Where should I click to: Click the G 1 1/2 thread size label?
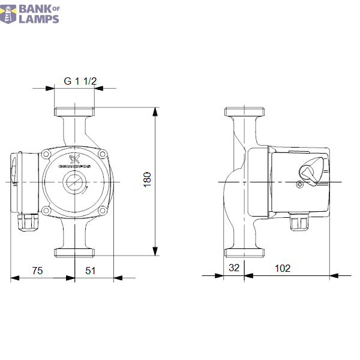click(x=80, y=81)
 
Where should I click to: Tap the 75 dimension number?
click(x=37, y=271)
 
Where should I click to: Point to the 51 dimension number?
click(x=90, y=271)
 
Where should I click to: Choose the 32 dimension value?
click(x=233, y=268)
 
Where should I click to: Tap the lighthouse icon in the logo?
click(x=9, y=14)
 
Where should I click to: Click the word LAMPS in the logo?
click(x=40, y=19)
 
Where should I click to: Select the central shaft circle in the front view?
click(x=74, y=182)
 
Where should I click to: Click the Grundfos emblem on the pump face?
click(x=74, y=159)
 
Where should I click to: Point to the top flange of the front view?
click(x=74, y=112)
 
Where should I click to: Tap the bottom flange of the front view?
click(x=74, y=251)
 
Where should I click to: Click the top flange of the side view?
click(x=245, y=112)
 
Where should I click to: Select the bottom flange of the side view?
click(x=245, y=251)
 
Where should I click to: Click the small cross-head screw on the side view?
click(x=299, y=185)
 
